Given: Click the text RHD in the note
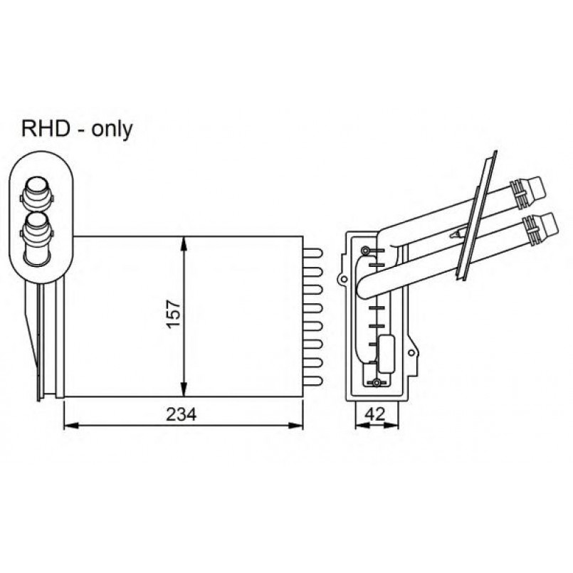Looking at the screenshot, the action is pyautogui.click(x=46, y=129).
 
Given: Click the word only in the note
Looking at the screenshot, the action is pyautogui.click(x=112, y=130).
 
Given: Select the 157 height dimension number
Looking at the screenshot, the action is pyautogui.click(x=174, y=315).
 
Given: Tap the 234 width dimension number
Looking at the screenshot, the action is pyautogui.click(x=182, y=414).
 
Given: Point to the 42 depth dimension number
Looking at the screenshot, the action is pyautogui.click(x=375, y=414).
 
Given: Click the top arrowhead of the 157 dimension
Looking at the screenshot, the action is pyautogui.click(x=184, y=243).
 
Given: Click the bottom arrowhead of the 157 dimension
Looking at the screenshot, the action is pyautogui.click(x=184, y=389).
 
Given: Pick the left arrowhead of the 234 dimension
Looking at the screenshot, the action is pyautogui.click(x=71, y=426).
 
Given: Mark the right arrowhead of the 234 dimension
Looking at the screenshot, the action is pyautogui.click(x=296, y=426).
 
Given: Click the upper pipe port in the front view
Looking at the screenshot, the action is pyautogui.click(x=36, y=191).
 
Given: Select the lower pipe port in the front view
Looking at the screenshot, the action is pyautogui.click(x=37, y=234).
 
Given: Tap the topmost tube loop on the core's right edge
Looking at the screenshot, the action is pyautogui.click(x=313, y=253).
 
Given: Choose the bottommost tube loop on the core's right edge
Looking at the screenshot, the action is pyautogui.click(x=313, y=381).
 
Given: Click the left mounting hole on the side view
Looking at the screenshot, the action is pyautogui.click(x=343, y=280).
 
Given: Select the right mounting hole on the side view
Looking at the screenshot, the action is pyautogui.click(x=411, y=353).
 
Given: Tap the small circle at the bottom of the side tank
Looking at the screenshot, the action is pyautogui.click(x=377, y=383).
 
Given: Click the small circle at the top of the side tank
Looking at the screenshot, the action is pyautogui.click(x=365, y=251).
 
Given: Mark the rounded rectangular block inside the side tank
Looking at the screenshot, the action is pyautogui.click(x=387, y=354).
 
